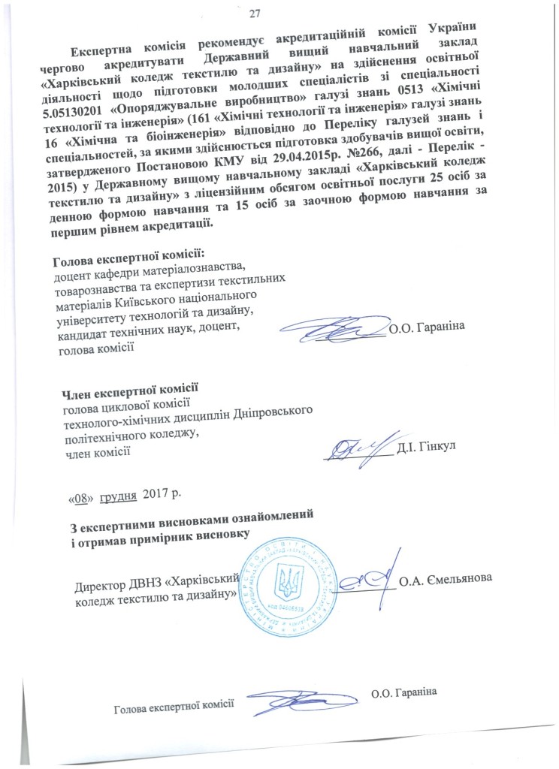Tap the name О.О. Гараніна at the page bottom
tap(404, 692)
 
